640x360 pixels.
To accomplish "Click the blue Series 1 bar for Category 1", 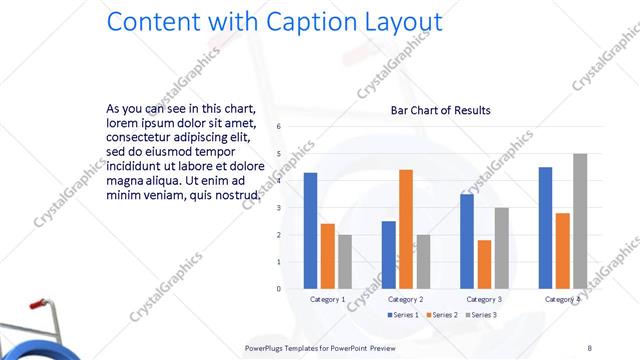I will (x=310, y=231).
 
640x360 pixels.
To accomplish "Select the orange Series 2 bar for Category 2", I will (x=405, y=229).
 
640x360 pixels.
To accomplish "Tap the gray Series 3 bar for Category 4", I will (x=580, y=221).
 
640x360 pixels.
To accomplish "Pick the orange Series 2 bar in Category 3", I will (x=484, y=264).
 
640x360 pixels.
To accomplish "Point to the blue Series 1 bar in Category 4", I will (x=545, y=228).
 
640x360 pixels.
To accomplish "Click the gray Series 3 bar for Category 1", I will (x=345, y=262).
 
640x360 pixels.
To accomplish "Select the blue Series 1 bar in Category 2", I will (x=388, y=255).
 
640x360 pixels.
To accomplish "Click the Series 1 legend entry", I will (x=405, y=315).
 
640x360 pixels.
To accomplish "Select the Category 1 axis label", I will (x=328, y=299).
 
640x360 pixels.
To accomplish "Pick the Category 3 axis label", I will (x=484, y=299).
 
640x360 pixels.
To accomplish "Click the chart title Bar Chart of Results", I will (x=440, y=110).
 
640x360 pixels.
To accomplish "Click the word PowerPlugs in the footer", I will (x=266, y=347).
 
